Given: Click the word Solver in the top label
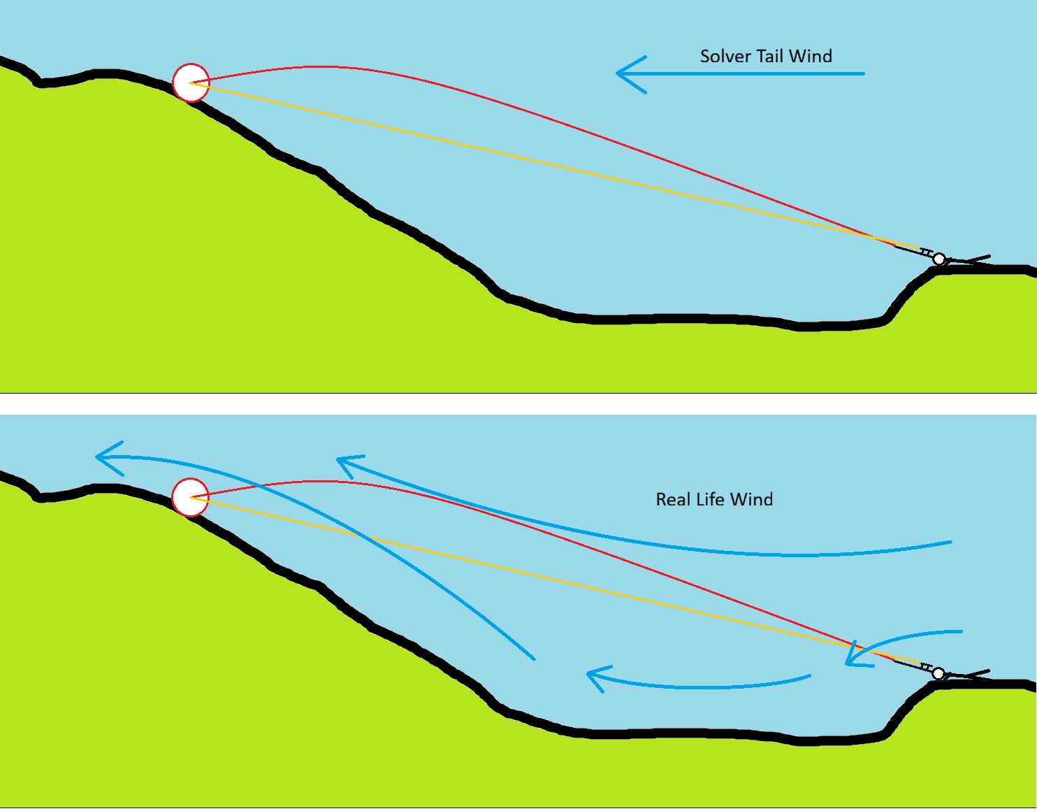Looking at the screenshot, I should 725,57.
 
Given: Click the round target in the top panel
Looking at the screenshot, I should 191,82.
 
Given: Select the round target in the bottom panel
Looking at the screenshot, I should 190,497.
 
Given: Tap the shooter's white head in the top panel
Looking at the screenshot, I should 939,259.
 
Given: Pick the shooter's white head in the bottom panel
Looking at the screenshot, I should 938,674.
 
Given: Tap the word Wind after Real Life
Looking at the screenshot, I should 752,499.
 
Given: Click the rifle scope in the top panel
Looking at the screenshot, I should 927,252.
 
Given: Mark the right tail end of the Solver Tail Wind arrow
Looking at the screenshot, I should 863,73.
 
